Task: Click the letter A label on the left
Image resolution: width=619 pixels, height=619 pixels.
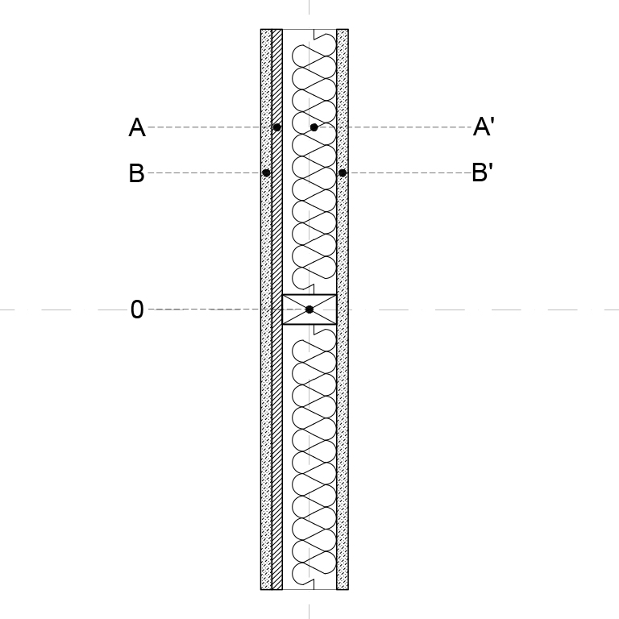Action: pos(137,127)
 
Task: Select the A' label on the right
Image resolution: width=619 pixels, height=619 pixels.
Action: pos(484,127)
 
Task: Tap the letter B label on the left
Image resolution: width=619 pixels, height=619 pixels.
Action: pos(136,173)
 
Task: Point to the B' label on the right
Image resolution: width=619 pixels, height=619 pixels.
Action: pos(483,172)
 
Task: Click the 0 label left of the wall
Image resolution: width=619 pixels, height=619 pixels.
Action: pos(137,309)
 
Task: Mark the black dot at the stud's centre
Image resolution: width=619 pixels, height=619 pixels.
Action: pos(309,309)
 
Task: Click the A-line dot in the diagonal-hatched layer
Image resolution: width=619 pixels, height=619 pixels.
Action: pos(276,127)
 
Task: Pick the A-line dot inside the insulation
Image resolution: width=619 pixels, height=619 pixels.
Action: pos(314,127)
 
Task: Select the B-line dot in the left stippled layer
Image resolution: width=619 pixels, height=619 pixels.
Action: pos(266,173)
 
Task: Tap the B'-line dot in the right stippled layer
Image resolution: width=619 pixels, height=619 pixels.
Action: pos(343,173)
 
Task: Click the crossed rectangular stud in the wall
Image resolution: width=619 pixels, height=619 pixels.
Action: pos(309,309)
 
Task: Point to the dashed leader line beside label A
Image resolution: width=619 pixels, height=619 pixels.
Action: pos(210,127)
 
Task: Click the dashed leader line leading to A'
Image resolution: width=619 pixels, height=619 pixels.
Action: pos(395,127)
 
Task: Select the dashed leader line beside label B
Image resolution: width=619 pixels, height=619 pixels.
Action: pos(205,173)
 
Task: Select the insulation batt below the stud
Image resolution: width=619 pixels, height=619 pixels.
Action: pos(314,457)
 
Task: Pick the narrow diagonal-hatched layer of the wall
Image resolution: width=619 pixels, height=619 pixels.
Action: pos(277,309)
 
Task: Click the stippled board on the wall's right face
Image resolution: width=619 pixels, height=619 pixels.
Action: pos(343,309)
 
